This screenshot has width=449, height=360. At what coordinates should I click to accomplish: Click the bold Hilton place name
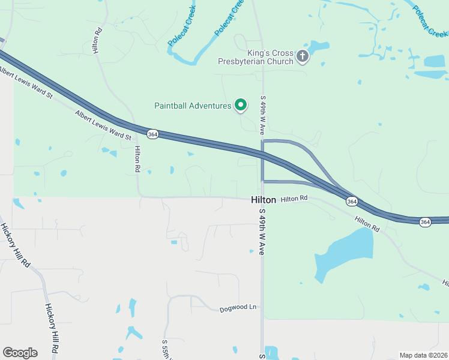pos(264,200)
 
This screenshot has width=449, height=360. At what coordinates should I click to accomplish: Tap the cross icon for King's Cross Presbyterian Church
pos(303,57)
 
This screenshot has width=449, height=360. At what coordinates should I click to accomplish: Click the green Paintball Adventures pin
pos(241,105)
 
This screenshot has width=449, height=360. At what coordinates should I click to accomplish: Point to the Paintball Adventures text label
pos(193,106)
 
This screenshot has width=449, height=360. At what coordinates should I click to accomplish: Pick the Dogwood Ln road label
pos(238,307)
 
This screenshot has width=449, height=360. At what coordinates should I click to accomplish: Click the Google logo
pos(20,353)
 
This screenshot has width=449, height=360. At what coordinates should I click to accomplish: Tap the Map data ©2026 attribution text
pos(423,355)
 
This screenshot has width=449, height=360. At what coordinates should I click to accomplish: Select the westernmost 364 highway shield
pos(152,134)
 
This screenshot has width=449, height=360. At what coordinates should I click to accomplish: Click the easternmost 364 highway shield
pos(425,222)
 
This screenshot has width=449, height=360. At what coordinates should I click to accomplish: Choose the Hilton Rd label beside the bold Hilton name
pos(294,198)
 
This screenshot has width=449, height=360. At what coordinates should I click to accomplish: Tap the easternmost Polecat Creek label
pos(430,21)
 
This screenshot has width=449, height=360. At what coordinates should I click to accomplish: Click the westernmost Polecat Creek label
pos(182,31)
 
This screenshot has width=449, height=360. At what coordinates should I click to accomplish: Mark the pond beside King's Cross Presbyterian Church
pos(319,46)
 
